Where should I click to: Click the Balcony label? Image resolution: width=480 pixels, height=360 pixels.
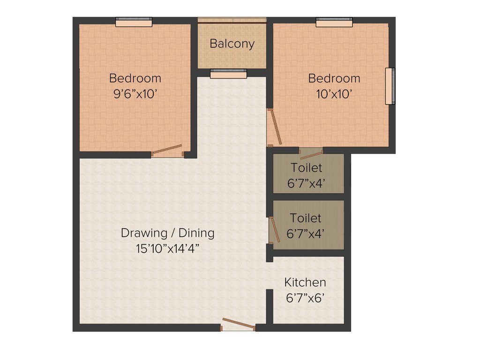[232, 44]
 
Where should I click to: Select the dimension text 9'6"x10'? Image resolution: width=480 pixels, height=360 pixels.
[135, 94]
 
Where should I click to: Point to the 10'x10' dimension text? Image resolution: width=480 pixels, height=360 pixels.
[334, 94]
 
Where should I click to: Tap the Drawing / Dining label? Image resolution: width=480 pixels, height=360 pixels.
[168, 232]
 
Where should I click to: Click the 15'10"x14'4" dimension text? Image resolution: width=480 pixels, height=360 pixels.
[168, 248]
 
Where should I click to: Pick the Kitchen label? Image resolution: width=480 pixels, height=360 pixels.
[305, 282]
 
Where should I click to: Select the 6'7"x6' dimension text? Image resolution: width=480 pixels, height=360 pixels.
[305, 298]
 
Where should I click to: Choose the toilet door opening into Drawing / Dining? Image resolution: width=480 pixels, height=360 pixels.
[275, 230]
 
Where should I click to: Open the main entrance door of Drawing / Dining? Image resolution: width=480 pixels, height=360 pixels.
[238, 324]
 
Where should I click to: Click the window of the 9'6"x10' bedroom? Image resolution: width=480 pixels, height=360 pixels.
[134, 22]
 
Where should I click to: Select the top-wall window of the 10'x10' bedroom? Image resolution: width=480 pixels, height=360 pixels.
[334, 22]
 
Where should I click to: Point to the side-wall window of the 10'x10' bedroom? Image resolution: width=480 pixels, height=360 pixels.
[390, 86]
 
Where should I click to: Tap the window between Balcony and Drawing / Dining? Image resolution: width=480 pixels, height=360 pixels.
[228, 73]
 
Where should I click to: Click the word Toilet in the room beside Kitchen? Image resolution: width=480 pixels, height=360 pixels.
[306, 218]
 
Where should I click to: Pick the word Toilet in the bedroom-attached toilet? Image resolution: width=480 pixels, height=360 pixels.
[306, 167]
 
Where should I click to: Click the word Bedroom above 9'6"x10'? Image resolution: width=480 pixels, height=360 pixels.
[135, 78]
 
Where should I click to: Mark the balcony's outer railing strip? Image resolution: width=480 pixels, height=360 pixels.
[232, 20]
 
